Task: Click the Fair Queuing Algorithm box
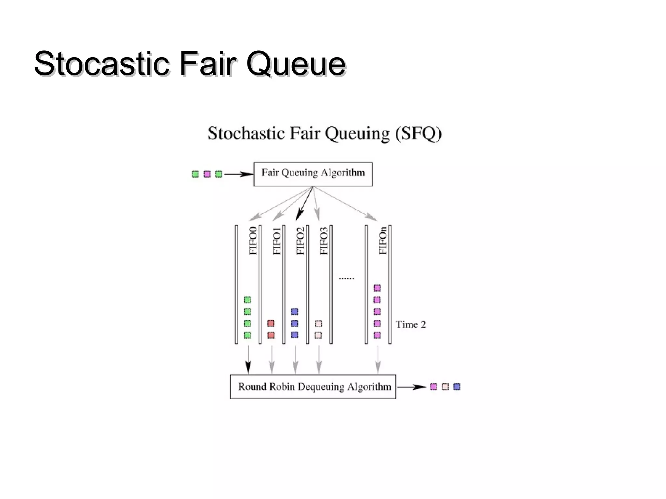[x=313, y=174]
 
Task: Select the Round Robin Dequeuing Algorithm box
[x=313, y=387]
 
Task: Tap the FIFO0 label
[x=253, y=241]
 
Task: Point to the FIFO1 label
[x=277, y=241]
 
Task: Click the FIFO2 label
[x=300, y=241]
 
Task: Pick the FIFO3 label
[x=324, y=241]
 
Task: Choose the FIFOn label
[x=383, y=241]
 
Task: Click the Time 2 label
[x=410, y=324]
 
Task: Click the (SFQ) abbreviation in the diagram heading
[x=419, y=133]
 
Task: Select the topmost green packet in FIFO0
[x=247, y=300]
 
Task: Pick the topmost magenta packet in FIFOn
[x=377, y=288]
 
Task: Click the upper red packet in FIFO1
[x=271, y=323]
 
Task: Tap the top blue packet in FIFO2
[x=295, y=311]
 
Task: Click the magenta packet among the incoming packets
[x=207, y=174]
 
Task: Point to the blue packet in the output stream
[x=457, y=387]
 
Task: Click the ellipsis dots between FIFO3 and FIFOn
[x=346, y=278]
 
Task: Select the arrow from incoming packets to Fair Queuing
[x=238, y=174]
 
